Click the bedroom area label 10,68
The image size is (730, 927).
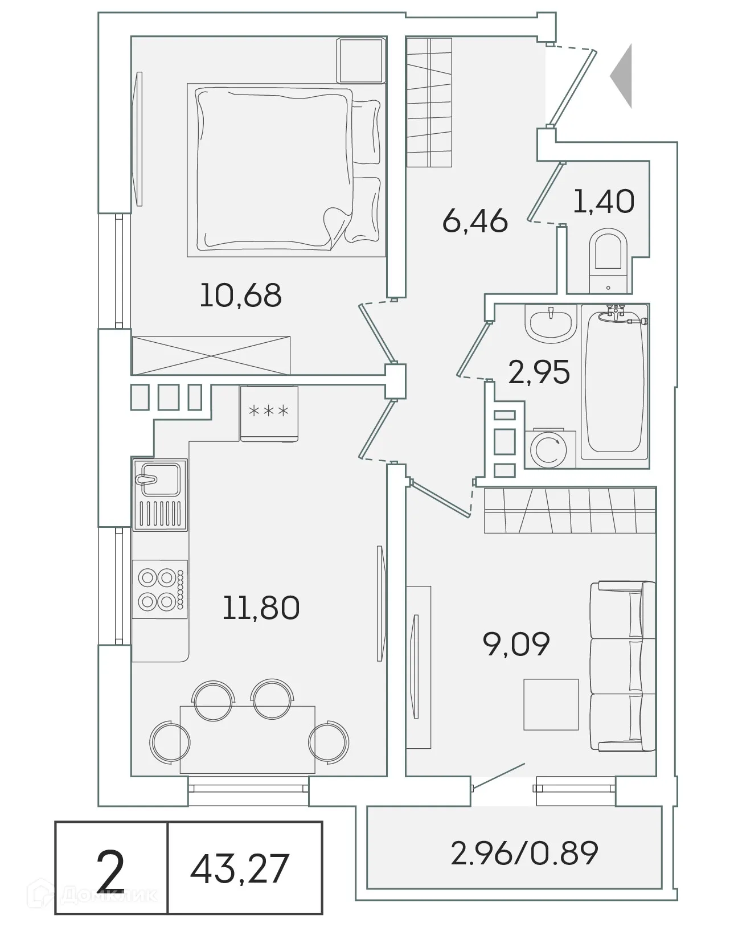pyautogui.click(x=240, y=296)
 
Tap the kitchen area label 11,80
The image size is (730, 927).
pyautogui.click(x=261, y=608)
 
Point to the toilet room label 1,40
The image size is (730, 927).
pyautogui.click(x=604, y=202)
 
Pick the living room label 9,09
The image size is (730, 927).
pyautogui.click(x=516, y=644)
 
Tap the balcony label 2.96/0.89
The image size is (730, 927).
pyautogui.click(x=524, y=853)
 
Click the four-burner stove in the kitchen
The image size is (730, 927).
pyautogui.click(x=159, y=590)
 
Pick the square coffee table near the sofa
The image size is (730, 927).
pyautogui.click(x=551, y=704)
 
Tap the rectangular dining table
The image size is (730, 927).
pyautogui.click(x=247, y=739)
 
